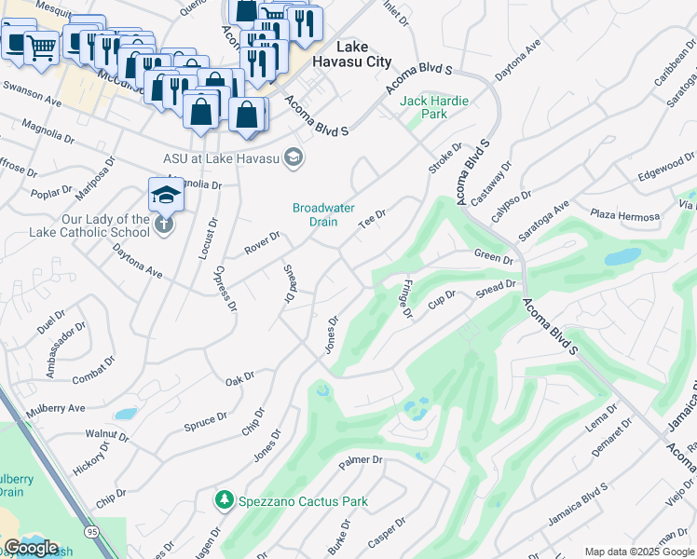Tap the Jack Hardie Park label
coord(434,107)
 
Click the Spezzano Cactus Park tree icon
coord(224,501)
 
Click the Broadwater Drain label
coord(323,214)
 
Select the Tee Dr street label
coord(373,220)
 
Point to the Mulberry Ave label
coord(57,408)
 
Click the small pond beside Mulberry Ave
coord(125,413)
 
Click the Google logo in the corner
coord(31,548)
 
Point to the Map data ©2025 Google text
coord(639,552)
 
